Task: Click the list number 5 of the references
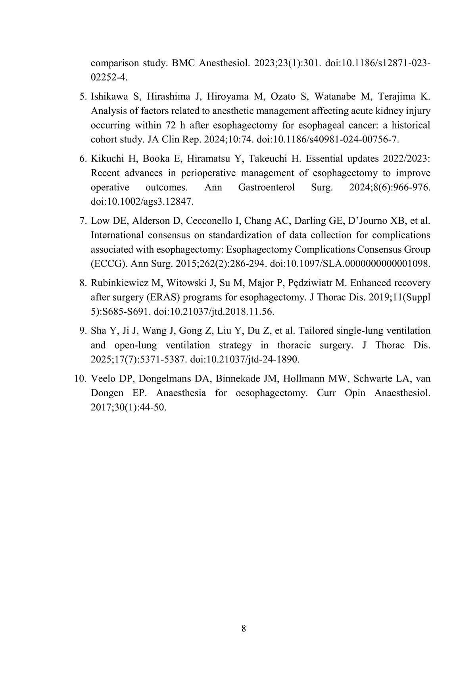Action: pyautogui.click(x=83, y=97)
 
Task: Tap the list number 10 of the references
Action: pyautogui.click(x=80, y=379)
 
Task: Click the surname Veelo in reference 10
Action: pyautogui.click(x=105, y=379)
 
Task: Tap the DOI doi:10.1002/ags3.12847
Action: pyautogui.click(x=142, y=201)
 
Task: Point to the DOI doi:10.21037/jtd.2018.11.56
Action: pyautogui.click(x=214, y=311)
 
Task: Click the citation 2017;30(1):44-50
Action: pyautogui.click(x=128, y=407)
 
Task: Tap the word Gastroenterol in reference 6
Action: pyautogui.click(x=266, y=187)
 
